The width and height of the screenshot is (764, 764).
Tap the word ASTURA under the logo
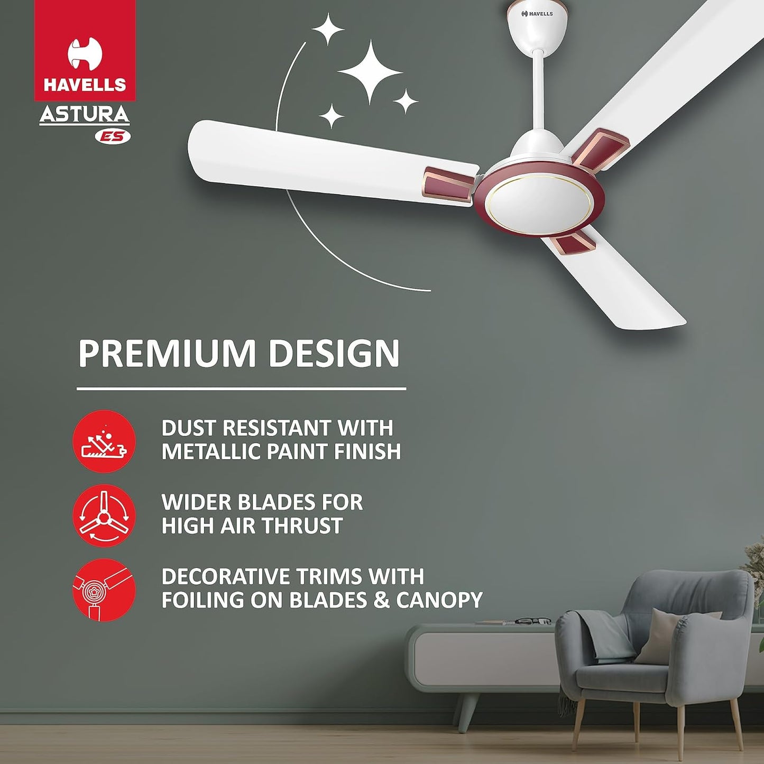coord(85,115)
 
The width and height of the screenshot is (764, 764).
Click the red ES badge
coord(113,137)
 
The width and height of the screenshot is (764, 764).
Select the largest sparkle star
coord(370,71)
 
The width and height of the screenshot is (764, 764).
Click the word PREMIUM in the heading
coord(169,353)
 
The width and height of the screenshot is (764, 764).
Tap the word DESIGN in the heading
coord(334,353)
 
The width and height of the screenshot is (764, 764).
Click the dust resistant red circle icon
coord(104,441)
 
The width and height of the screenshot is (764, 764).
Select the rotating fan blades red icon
coord(104,516)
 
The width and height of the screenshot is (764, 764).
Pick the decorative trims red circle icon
coord(104,590)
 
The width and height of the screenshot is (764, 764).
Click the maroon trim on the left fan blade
coord(448,184)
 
